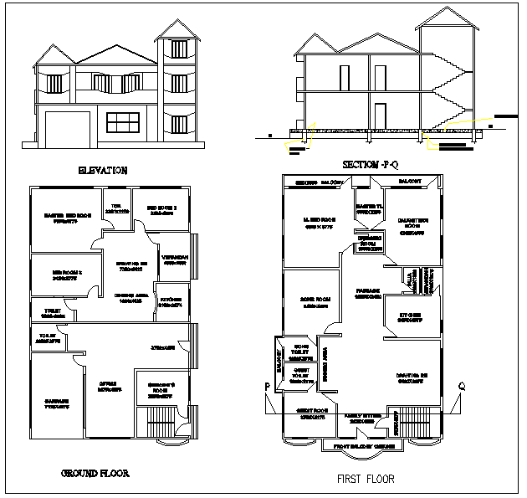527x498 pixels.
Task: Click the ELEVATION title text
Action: (103, 170)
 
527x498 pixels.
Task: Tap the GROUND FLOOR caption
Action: (95, 474)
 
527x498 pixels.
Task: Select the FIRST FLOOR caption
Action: (366, 480)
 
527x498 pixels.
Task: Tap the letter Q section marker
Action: (461, 386)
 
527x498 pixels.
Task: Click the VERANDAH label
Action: (175, 257)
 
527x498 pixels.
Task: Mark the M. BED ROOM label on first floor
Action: (320, 221)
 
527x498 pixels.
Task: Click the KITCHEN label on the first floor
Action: (408, 316)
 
